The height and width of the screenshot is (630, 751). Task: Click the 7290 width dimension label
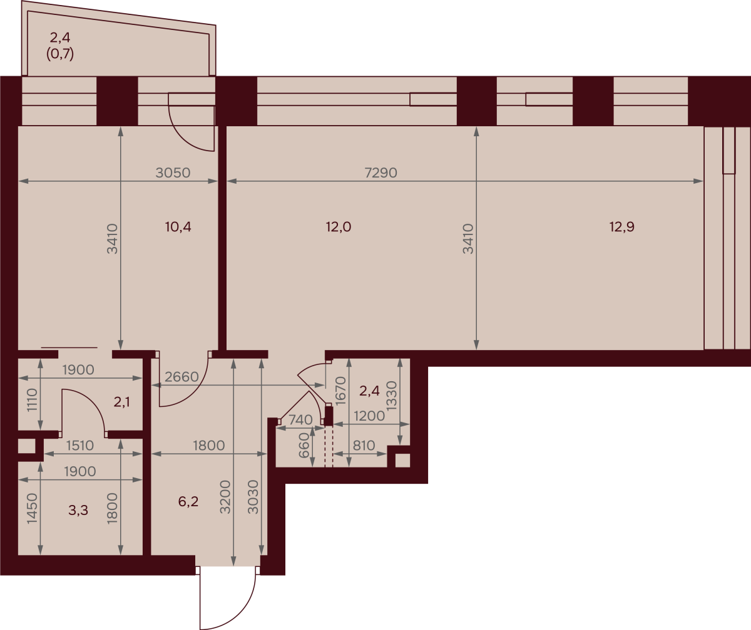381,172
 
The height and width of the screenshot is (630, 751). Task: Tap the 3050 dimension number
173,172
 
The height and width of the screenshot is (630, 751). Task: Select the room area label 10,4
178,227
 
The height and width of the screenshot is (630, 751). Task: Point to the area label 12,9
622,227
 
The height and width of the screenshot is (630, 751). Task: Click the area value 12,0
339,227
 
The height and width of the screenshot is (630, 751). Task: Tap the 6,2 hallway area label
188,501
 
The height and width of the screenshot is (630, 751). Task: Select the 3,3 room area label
78,510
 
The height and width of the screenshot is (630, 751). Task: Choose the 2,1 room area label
121,402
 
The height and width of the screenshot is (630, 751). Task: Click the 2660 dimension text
181,377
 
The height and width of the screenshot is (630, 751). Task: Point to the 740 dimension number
300,419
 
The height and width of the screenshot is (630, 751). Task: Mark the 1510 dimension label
80,446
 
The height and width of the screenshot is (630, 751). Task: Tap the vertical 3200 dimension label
225,497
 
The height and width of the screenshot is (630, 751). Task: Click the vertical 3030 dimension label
253,497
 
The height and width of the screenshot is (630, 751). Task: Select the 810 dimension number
364,446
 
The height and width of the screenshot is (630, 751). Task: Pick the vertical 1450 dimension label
32,508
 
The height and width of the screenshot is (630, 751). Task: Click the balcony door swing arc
185,138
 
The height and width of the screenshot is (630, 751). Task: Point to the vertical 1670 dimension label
340,391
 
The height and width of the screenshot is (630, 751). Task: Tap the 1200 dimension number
369,416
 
